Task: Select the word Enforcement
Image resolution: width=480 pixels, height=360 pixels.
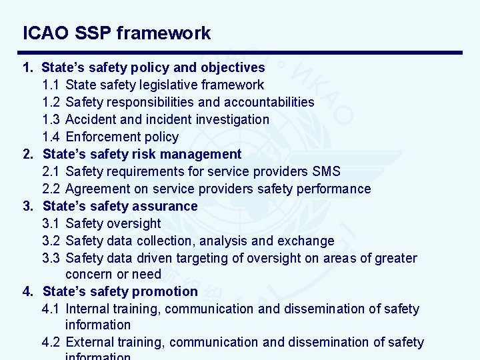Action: click(x=103, y=137)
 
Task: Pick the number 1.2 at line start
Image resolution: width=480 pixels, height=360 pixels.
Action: click(x=51, y=102)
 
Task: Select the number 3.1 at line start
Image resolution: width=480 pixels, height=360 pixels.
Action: click(x=51, y=223)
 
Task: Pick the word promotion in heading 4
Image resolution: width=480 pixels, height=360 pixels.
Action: click(x=165, y=291)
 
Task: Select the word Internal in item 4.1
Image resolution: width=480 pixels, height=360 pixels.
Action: click(x=89, y=309)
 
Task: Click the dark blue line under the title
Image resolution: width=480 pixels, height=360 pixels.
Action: click(x=239, y=53)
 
